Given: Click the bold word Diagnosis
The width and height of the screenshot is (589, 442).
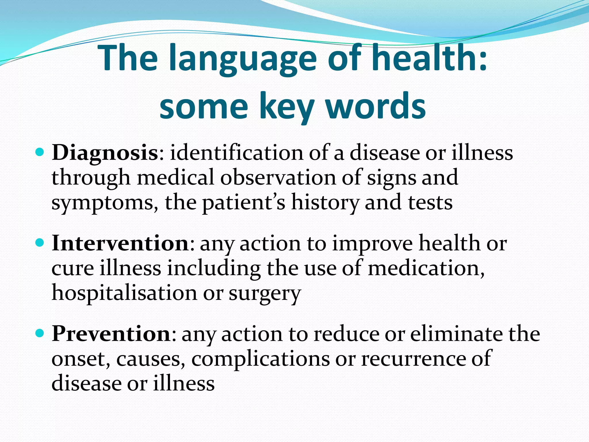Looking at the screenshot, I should (x=105, y=153).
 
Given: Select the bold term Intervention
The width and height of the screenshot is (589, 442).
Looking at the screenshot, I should (x=120, y=243).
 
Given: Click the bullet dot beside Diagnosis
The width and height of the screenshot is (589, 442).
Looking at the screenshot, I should (x=40, y=152).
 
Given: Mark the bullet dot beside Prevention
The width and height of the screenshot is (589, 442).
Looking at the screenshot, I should (x=40, y=333).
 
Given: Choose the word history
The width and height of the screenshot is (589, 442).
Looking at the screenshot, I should (x=325, y=203).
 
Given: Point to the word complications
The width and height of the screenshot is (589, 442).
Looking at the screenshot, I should (x=260, y=359).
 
